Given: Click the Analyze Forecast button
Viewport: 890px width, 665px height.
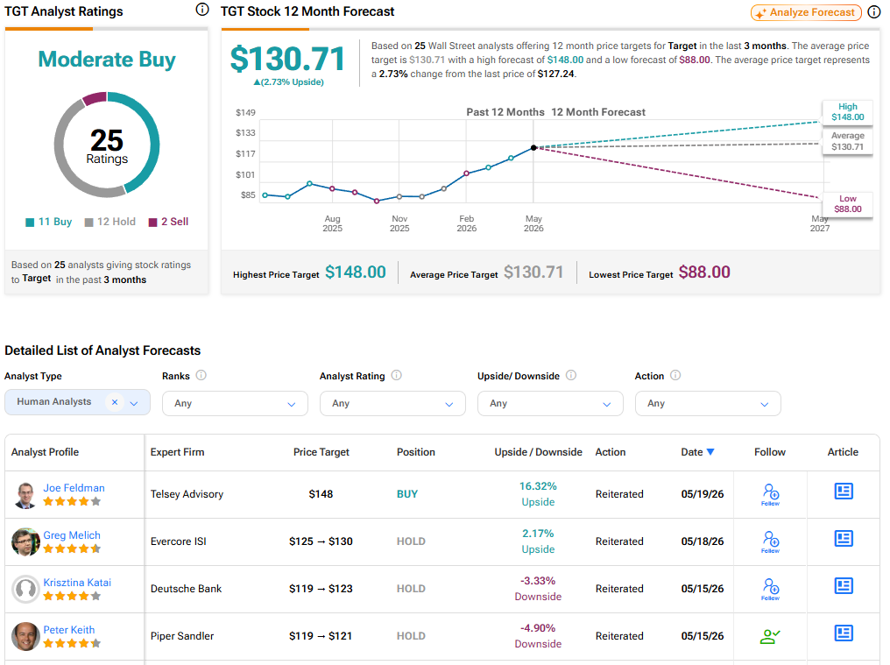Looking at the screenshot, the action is pos(805,12).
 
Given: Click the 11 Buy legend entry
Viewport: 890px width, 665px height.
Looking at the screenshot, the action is pos(49,222).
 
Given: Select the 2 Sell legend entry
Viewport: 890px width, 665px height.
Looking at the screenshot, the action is pos(168,222).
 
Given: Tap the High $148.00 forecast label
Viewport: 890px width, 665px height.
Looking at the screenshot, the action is pos(847,112).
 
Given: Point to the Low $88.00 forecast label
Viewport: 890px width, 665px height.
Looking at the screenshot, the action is pos(847,204).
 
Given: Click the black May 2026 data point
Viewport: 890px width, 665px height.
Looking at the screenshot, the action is pos(533,148).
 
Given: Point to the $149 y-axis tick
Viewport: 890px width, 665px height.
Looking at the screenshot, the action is pos(246,112).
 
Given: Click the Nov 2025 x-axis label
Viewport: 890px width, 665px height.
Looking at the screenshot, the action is pos(399,223).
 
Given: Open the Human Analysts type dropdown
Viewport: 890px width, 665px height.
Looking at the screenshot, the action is pos(77,402).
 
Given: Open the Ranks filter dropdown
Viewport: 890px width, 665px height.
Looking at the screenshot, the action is pos(235,403).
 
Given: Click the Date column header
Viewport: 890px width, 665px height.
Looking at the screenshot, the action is pos(697,452).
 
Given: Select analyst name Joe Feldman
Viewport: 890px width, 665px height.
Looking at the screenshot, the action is pos(74,488).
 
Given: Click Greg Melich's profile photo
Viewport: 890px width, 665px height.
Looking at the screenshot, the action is pos(25,541).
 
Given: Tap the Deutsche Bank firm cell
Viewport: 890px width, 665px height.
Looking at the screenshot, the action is pos(187,589).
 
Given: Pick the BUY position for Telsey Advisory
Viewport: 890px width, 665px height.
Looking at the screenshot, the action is pos(407,494).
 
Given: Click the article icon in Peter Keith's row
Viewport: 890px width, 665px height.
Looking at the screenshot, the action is pos(844,633).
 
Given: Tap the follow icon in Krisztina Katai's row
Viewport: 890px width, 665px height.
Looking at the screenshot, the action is pos(770,589).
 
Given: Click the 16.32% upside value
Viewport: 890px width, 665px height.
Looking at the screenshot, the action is pos(538,486).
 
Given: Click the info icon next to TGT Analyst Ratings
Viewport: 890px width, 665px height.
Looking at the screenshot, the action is pos(202,9).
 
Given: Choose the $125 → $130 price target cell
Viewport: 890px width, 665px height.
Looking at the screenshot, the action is pos(321,541).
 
